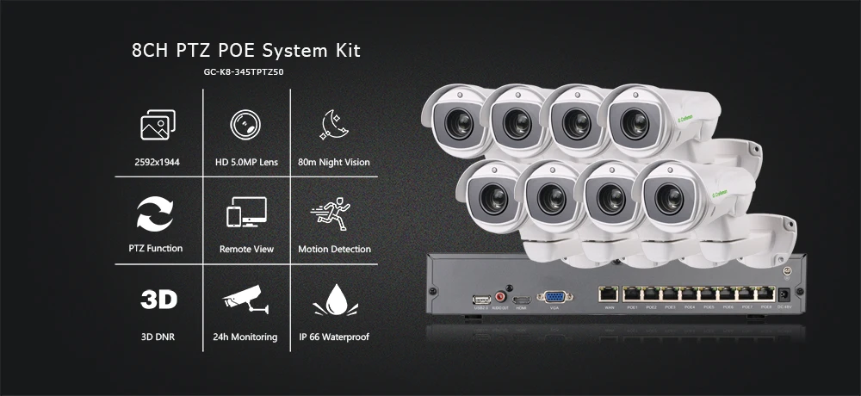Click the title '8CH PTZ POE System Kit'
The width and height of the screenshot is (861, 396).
pos(246,51)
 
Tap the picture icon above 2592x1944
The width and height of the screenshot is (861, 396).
pos(158,126)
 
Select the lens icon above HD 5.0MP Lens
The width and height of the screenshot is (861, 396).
pos(246,126)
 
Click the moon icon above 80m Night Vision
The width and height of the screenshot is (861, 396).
pos(333,126)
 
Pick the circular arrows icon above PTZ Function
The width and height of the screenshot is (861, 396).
pos(158,213)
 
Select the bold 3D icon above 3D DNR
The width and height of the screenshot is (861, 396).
pos(158,300)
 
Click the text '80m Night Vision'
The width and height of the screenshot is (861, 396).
pos(334,162)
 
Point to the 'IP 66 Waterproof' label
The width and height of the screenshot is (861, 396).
pos(333,337)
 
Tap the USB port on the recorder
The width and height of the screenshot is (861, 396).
pos(480,300)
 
